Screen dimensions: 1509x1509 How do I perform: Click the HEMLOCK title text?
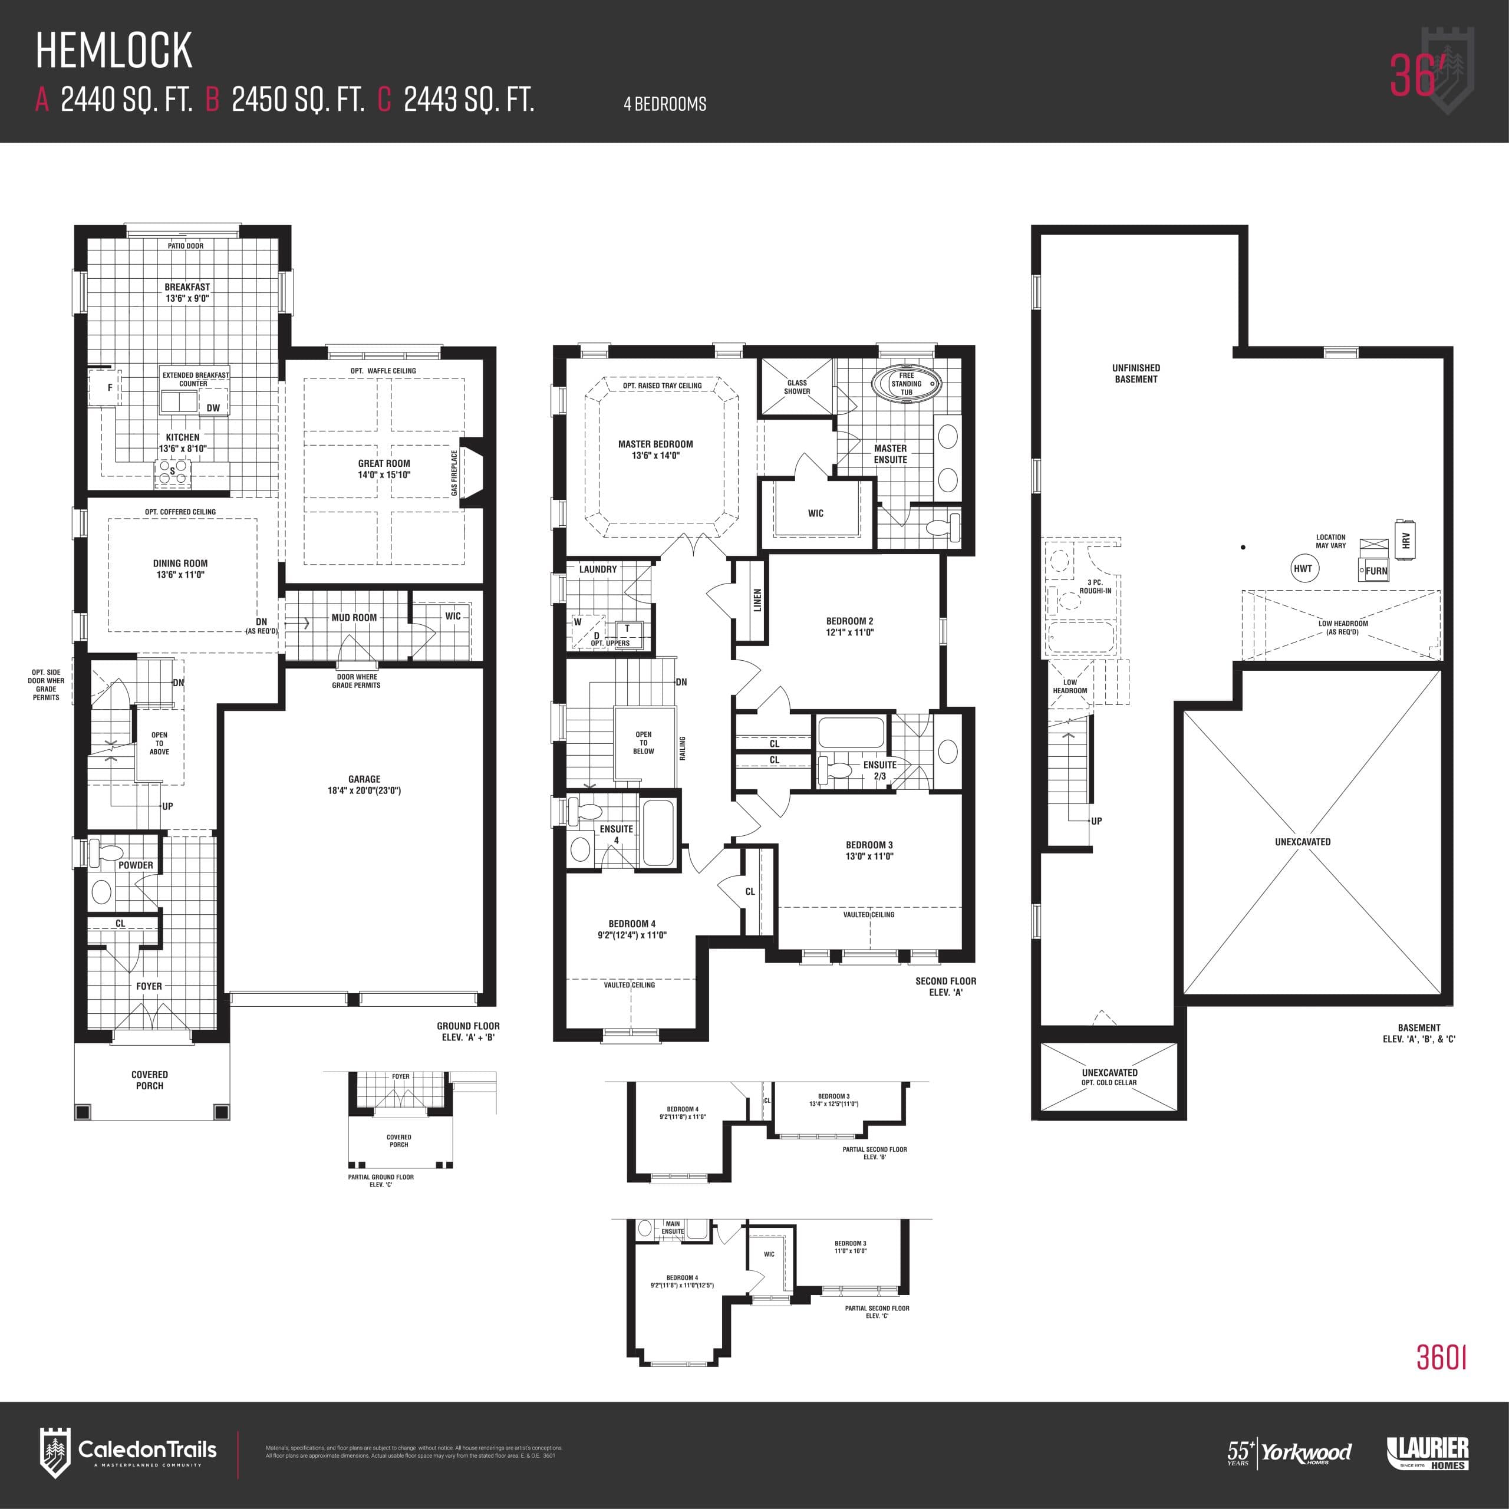pyautogui.click(x=114, y=51)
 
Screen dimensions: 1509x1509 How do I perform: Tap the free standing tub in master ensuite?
pyautogui.click(x=906, y=384)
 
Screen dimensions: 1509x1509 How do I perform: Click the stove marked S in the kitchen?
pyautogui.click(x=173, y=471)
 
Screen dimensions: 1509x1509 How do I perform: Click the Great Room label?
pyautogui.click(x=384, y=463)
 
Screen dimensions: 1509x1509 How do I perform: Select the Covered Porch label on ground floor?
pyautogui.click(x=149, y=1080)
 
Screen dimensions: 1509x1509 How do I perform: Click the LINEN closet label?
pyautogui.click(x=757, y=600)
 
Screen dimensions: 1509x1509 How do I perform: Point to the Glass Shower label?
pyautogui.click(x=797, y=387)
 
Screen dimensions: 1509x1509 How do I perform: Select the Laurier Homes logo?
pyautogui.click(x=1427, y=1453)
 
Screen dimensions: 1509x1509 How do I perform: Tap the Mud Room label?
pyautogui.click(x=354, y=617)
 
